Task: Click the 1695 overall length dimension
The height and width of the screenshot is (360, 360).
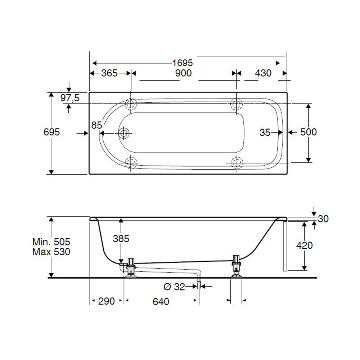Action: tap(183, 63)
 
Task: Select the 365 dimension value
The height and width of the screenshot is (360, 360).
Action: tap(109, 73)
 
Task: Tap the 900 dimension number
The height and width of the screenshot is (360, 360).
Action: tap(183, 73)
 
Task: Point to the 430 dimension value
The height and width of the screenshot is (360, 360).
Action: tap(263, 73)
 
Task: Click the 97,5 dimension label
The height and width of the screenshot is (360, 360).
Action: tap(70, 98)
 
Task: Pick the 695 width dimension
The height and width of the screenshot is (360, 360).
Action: tap(51, 132)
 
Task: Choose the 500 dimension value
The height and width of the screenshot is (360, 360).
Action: tap(309, 132)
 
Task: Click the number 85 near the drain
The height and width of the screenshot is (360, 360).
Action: tap(96, 125)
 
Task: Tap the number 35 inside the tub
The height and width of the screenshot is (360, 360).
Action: tap(265, 132)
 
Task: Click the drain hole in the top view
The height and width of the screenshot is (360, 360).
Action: tap(124, 133)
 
